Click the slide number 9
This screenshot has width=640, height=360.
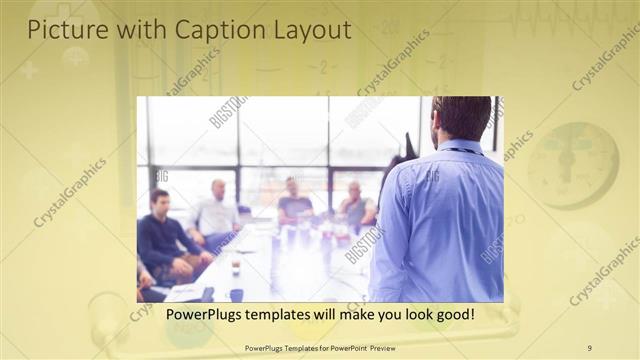coord(589,347)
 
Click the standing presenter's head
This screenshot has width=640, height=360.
coord(461,117)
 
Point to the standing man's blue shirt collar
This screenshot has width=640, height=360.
coord(459,147)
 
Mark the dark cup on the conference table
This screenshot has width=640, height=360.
coord(236,294)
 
